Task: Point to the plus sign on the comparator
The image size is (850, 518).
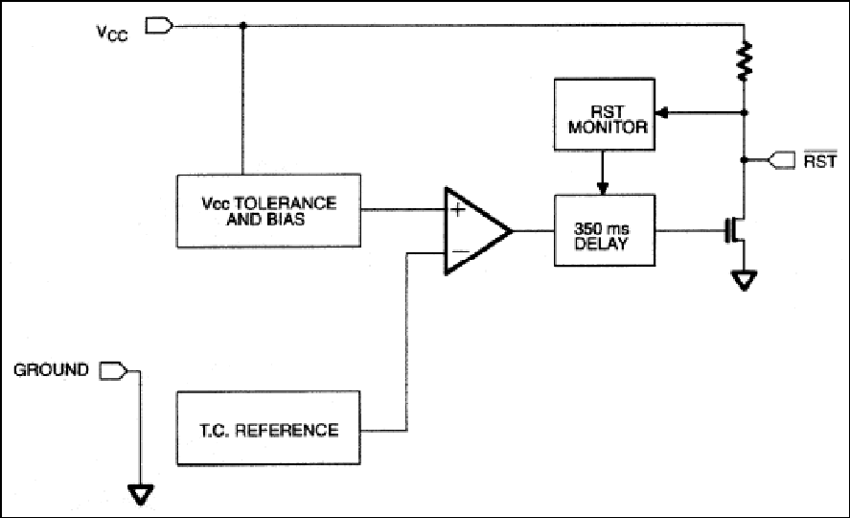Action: click(x=458, y=209)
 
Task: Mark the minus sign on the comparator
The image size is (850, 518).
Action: click(x=460, y=251)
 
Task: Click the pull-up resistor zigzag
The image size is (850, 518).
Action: click(x=745, y=59)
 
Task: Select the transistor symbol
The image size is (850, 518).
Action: click(x=736, y=230)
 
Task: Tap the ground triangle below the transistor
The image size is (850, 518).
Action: click(x=744, y=281)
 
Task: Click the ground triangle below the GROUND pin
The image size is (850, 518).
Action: click(x=141, y=495)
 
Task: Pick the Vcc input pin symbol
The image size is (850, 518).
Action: click(x=159, y=26)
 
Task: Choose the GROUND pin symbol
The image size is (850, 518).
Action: click(x=113, y=371)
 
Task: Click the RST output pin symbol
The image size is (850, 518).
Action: click(x=781, y=160)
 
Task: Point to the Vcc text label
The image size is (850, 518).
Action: click(x=112, y=33)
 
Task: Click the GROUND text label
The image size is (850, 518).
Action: click(x=51, y=370)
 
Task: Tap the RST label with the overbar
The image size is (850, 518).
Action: click(x=819, y=160)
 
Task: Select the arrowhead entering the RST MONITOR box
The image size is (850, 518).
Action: click(x=662, y=113)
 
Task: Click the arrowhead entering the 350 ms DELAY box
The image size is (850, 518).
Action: click(x=602, y=188)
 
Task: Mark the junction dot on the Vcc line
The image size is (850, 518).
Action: click(x=242, y=26)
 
